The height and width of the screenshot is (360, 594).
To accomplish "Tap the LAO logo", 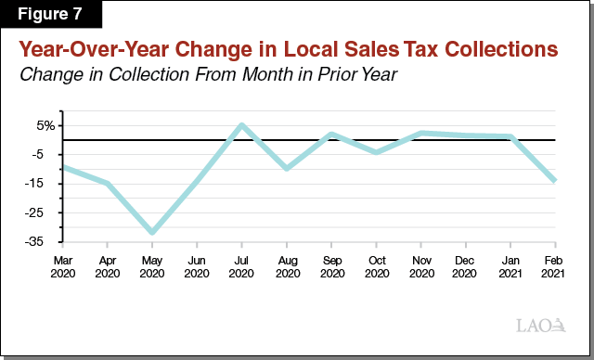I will pyautogui.click(x=540, y=325).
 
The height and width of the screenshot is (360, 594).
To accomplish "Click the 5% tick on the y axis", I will pyautogui.click(x=46, y=125).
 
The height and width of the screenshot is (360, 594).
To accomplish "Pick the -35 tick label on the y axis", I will pyautogui.click(x=45, y=241).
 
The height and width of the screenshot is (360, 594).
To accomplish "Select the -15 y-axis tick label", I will pyautogui.click(x=45, y=184).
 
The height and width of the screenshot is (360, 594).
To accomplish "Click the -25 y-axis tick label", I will pyautogui.click(x=45, y=212).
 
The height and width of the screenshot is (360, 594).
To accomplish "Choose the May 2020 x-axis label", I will pyautogui.click(x=151, y=267).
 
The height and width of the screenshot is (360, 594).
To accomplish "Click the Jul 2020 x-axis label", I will pyautogui.click(x=241, y=267).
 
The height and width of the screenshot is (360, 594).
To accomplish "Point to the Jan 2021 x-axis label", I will pyautogui.click(x=510, y=267).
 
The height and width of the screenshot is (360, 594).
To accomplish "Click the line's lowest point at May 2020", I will pyautogui.click(x=151, y=233).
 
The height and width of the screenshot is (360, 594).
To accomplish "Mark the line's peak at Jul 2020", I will pyautogui.click(x=241, y=124).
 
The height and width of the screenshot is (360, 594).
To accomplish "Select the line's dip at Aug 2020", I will pyautogui.click(x=286, y=168).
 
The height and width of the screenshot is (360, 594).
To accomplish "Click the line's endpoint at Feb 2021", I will pyautogui.click(x=555, y=181).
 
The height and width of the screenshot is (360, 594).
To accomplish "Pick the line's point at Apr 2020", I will pyautogui.click(x=107, y=183).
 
